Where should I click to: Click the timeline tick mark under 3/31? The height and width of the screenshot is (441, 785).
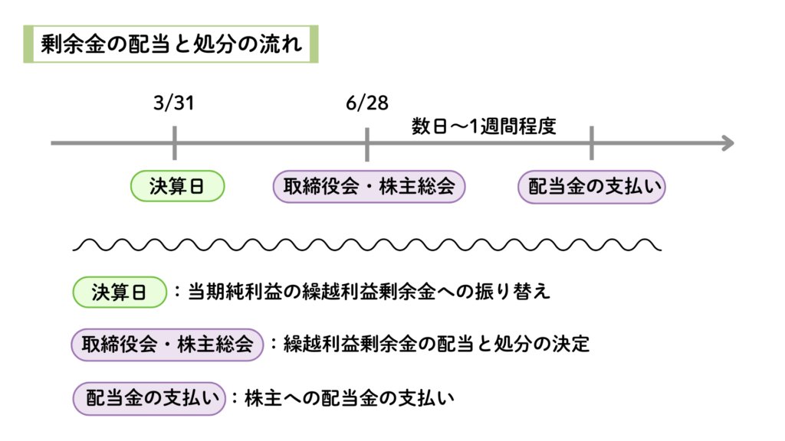(175, 143)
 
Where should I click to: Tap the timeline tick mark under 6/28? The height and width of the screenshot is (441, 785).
(367, 143)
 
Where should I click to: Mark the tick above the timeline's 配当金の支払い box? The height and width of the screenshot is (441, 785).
(591, 143)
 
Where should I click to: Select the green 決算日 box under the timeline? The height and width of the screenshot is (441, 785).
(176, 187)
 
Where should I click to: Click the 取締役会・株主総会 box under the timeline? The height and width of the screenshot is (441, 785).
(369, 187)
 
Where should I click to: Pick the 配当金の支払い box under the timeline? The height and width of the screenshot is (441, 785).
(592, 187)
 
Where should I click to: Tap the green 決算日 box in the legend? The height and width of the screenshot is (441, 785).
(119, 292)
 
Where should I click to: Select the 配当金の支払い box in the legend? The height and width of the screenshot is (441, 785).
(149, 398)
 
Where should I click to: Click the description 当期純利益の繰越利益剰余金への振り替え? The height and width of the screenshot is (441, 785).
(370, 292)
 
